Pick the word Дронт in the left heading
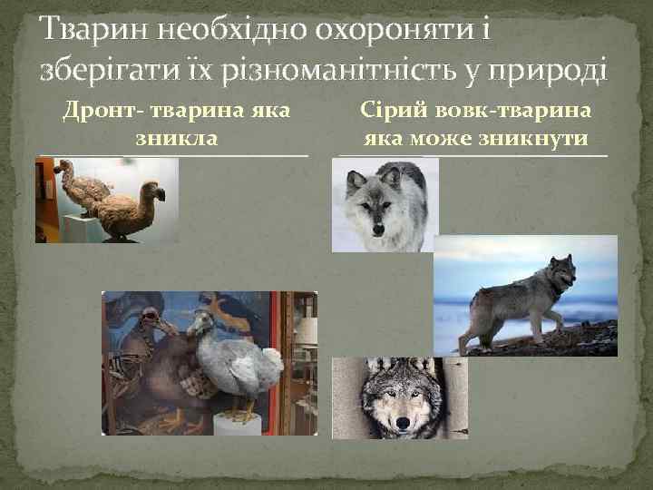91,111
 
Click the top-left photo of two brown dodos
107,200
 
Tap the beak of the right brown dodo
161,194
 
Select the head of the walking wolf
562,269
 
